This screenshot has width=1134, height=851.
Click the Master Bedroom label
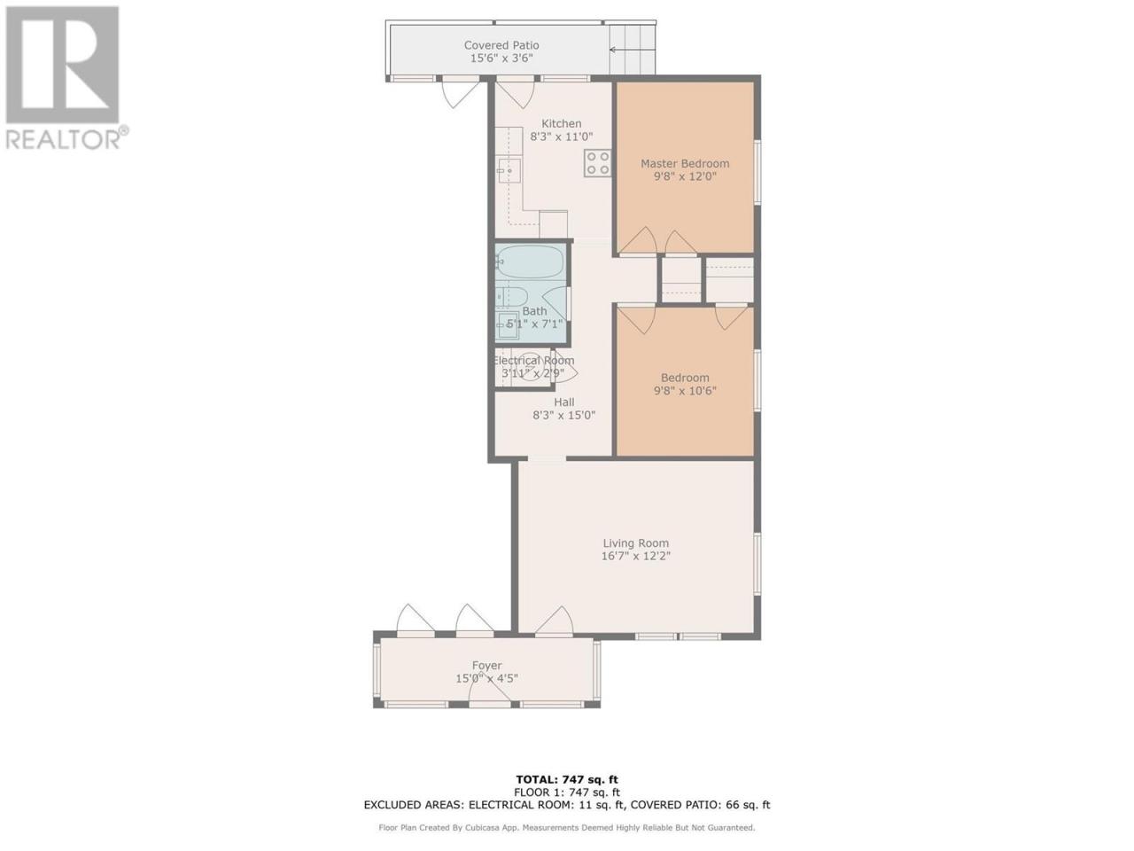685,164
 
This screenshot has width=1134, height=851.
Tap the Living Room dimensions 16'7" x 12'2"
635,556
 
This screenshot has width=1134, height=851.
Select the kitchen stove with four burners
598,163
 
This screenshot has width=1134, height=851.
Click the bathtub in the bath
529,262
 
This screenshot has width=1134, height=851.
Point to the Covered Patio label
501,45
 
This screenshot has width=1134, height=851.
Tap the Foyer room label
486,666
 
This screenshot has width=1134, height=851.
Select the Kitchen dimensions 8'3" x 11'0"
561,137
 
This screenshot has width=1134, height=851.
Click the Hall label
564,402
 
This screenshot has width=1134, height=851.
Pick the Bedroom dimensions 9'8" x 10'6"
685,391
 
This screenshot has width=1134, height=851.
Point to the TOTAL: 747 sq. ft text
567,780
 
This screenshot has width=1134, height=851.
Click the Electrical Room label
533,361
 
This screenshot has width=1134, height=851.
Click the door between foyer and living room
555,620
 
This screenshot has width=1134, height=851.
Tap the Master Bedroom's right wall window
757,172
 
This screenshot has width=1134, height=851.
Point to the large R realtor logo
63,65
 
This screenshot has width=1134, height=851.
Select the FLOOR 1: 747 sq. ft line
567,792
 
